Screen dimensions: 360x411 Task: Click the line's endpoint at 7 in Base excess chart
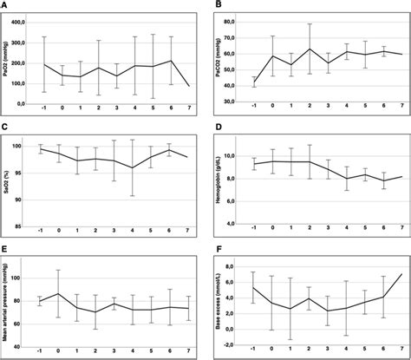[401, 274]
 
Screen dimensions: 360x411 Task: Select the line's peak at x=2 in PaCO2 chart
[310, 49]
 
